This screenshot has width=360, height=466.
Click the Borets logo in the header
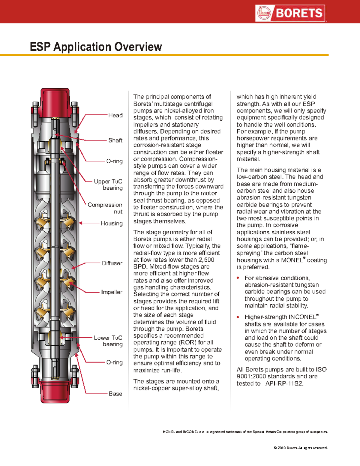pos(290,13)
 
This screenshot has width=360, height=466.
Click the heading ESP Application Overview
pos(96,47)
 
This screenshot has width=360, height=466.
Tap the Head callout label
pos(115,115)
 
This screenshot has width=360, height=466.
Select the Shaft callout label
pos(115,140)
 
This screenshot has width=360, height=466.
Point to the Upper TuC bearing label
pos(108,185)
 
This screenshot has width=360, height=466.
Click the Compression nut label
pos(105,208)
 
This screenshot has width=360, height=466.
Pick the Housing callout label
pos(112,223)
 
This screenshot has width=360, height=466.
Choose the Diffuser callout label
pos(112,263)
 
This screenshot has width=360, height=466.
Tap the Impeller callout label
pos(112,292)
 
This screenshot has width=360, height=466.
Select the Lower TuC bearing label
pos(108,341)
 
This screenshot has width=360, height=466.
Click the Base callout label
pos(115,394)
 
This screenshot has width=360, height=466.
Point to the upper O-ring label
pos(115,161)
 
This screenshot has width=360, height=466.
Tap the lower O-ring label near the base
pos(115,362)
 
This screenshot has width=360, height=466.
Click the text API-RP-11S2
pos(284,383)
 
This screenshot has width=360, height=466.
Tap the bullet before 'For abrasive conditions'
pos(238,278)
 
